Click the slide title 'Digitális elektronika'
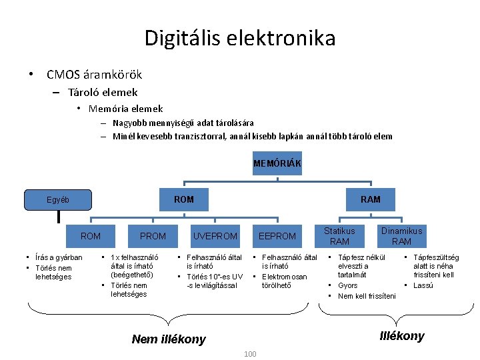click(x=240, y=38)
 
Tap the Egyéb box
click(x=57, y=199)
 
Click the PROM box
click(x=153, y=236)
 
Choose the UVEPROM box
click(x=215, y=236)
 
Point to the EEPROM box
click(x=277, y=236)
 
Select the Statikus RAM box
click(x=339, y=235)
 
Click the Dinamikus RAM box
click(x=401, y=235)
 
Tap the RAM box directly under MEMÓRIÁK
click(x=371, y=199)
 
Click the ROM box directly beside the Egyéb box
click(x=184, y=199)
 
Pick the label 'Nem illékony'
click(x=169, y=339)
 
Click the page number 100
click(x=250, y=353)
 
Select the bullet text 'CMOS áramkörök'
click(x=94, y=75)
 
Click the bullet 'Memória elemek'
click(x=125, y=108)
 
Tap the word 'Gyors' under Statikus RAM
click(x=347, y=285)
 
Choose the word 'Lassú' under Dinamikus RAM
click(x=423, y=285)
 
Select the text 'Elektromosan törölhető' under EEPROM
click(x=285, y=281)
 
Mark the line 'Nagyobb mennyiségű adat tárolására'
click(x=183, y=123)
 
